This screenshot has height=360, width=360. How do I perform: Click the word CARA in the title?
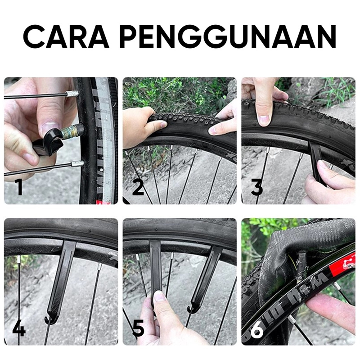(66, 36)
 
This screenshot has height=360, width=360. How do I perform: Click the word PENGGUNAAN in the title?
(228, 36)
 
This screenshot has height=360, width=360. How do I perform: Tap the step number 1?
(19, 187)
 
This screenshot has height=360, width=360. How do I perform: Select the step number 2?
(138, 187)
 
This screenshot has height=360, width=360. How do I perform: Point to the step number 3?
(256, 187)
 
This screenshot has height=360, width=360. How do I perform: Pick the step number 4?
(19, 328)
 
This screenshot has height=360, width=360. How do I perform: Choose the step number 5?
(139, 328)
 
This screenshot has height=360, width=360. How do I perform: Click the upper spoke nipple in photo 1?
(72, 94)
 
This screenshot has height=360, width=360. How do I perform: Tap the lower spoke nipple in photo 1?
(77, 164)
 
